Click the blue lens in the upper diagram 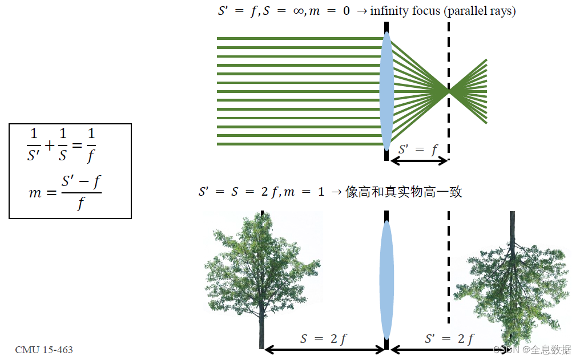coord(387,91)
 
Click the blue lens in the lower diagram coord(387,280)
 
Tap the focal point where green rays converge coord(449,91)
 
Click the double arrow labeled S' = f coord(418,161)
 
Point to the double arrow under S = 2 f coord(324,349)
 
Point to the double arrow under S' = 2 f coord(449,349)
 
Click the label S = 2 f coord(324,338)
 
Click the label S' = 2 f coord(449,338)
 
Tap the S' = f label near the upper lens coord(418,149)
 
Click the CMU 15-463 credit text coord(44,349)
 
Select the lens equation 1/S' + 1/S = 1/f coord(62,145)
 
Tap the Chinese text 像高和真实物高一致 coord(404,192)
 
